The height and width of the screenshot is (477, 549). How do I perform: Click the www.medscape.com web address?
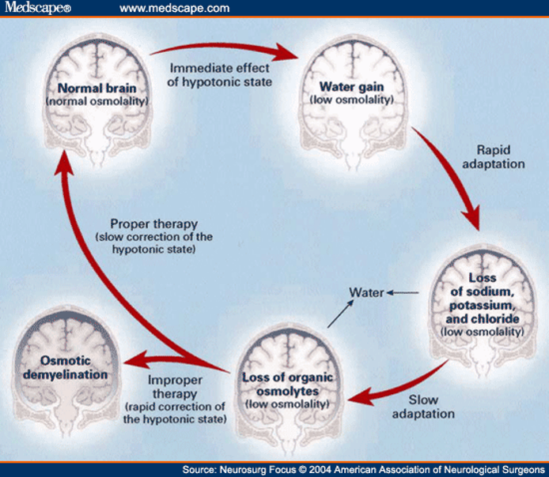(x=175, y=8)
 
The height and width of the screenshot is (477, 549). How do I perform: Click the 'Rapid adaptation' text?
(x=499, y=156)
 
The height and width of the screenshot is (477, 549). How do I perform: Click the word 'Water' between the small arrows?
(x=366, y=292)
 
